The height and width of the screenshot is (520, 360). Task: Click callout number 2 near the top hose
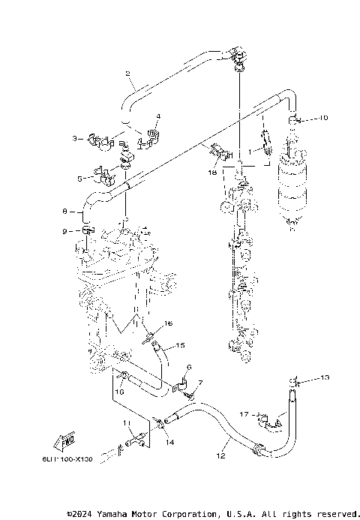point(128,73)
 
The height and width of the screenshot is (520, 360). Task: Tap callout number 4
point(158,116)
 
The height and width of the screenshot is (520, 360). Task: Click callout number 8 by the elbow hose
point(64,211)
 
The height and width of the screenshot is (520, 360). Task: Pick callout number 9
point(64,230)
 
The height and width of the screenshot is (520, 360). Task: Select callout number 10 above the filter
point(323,119)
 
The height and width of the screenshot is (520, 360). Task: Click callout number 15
point(180,346)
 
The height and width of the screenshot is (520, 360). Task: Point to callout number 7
point(200,383)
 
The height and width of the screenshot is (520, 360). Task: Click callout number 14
point(170,443)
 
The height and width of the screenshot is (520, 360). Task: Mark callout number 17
point(243,413)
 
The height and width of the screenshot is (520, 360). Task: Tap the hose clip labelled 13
point(295,383)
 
